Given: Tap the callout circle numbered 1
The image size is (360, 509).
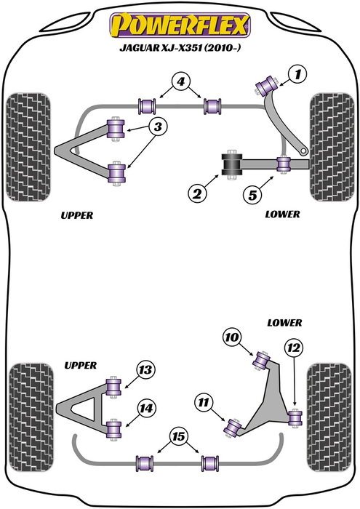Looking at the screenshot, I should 298,73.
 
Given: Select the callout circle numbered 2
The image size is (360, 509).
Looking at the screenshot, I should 195,193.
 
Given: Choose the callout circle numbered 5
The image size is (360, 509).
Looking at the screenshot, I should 252,193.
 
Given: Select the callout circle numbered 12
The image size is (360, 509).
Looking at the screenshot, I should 293,349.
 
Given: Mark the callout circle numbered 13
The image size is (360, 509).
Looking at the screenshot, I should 145,371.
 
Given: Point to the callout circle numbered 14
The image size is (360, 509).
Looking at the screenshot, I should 146,409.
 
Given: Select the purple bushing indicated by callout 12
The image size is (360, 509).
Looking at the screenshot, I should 295,417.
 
